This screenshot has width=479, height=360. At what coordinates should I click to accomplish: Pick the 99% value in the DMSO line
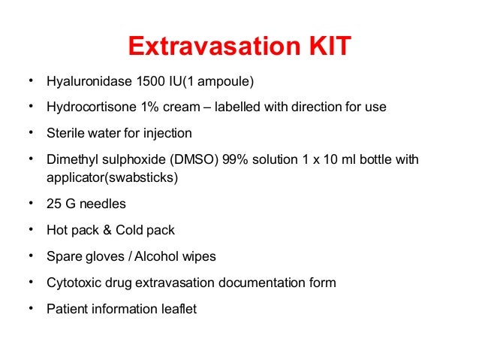point(234,160)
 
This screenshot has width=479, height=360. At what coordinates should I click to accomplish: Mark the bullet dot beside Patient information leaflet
point(30,307)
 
